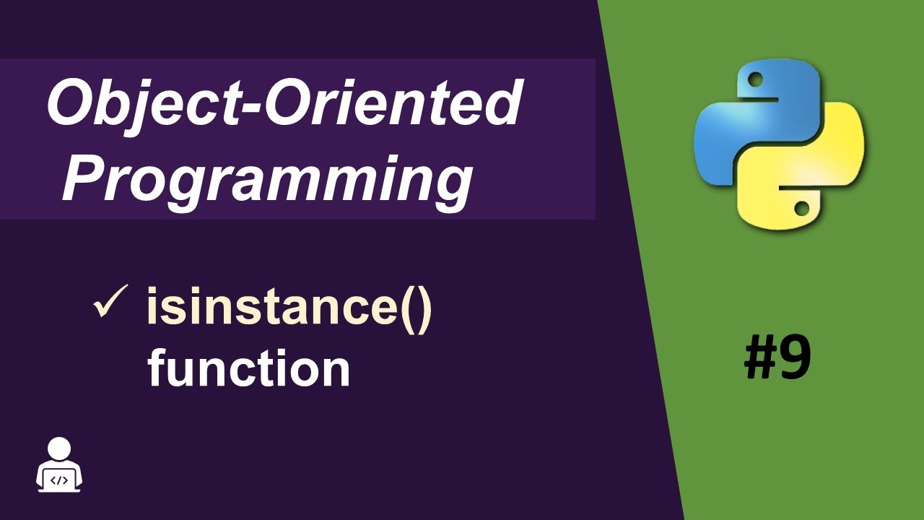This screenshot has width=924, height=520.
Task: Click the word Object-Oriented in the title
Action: pos(283,105)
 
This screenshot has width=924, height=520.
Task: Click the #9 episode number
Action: pos(777,359)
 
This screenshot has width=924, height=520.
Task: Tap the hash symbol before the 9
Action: pos(760,359)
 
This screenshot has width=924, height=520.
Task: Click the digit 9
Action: pos(796,359)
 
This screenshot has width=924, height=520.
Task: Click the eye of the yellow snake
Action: pos(801,208)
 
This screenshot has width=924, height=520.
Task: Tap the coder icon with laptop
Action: pos(59,465)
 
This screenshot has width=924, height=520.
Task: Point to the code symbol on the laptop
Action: pos(59,479)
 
